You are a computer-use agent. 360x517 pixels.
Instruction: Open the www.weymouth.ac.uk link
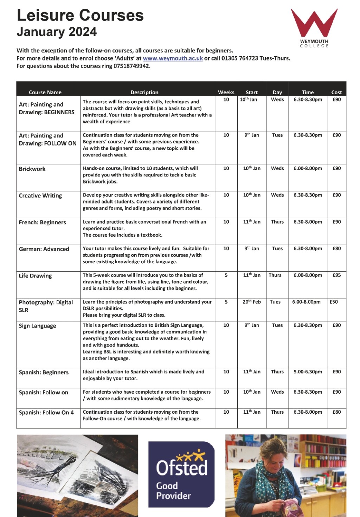pyautogui.click(x=173, y=58)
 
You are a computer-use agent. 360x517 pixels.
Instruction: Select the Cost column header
pyautogui.click(x=336, y=92)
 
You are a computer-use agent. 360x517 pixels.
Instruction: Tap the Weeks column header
pyautogui.click(x=226, y=92)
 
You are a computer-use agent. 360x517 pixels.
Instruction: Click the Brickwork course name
pyautogui.click(x=32, y=169)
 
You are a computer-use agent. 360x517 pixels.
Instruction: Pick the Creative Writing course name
pyautogui.click(x=40, y=195)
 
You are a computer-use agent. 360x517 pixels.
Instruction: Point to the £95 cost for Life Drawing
pyautogui.click(x=336, y=275)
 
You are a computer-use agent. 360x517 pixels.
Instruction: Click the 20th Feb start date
pyautogui.click(x=252, y=302)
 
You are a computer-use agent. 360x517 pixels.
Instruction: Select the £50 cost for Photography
pyautogui.click(x=334, y=302)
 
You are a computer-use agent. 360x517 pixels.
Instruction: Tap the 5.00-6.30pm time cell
pyautogui.click(x=308, y=371)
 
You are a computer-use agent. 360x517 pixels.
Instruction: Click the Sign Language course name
pyautogui.click(x=38, y=326)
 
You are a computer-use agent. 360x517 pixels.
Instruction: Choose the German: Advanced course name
pyautogui.click(x=44, y=249)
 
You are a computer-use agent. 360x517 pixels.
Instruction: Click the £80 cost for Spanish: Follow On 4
pyautogui.click(x=336, y=412)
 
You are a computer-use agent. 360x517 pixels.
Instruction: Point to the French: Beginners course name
pyautogui.click(x=43, y=222)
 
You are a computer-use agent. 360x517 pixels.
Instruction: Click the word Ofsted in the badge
pyautogui.click(x=181, y=468)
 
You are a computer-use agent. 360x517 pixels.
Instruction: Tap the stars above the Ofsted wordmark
pyautogui.click(x=190, y=455)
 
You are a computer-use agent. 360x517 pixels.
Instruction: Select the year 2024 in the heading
pyautogui.click(x=83, y=32)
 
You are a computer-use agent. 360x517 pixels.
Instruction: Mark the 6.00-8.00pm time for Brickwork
pyautogui.click(x=308, y=168)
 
